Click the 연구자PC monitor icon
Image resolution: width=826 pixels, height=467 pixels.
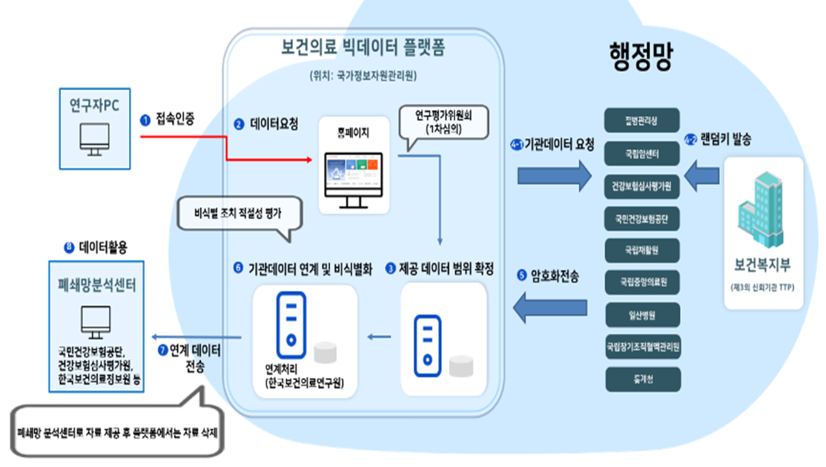[x=94, y=139]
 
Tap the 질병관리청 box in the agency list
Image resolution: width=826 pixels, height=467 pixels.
[x=642, y=121]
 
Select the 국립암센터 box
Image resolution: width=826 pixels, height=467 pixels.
[x=642, y=154]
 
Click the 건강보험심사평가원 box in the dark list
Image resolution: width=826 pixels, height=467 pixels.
[x=642, y=186]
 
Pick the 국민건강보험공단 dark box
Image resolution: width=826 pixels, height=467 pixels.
[x=642, y=219]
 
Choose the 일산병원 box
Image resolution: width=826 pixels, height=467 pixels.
[x=642, y=314]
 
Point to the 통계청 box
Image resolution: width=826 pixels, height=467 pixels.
[x=642, y=379]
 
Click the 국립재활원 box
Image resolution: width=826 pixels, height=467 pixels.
[x=642, y=251]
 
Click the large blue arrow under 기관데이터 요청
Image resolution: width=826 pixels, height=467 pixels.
[x=555, y=176]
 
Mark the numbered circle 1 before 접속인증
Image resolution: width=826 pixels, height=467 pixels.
[x=145, y=120]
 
